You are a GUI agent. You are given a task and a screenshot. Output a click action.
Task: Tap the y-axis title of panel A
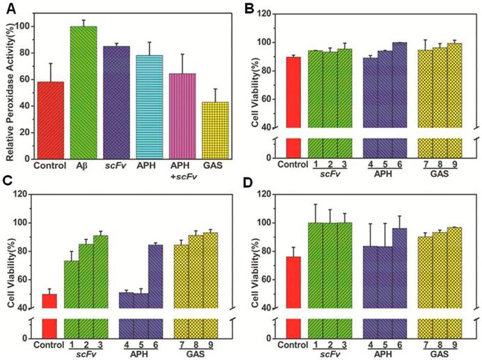(x=9, y=83)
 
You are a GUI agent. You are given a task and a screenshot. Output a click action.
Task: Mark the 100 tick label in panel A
(x=24, y=26)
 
